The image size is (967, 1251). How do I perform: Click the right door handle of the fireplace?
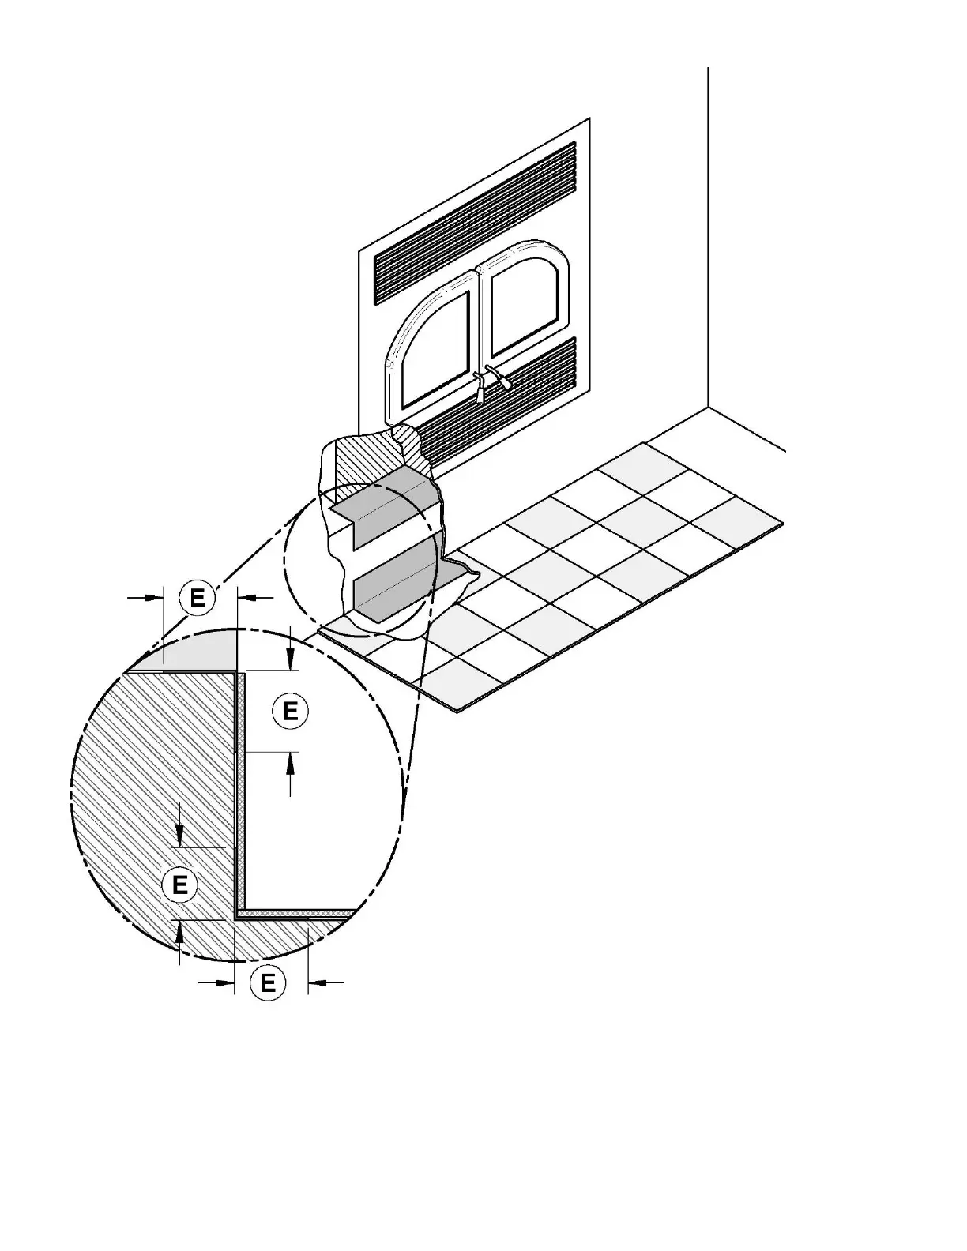pyautogui.click(x=500, y=377)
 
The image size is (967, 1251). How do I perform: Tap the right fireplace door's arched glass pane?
pyautogui.click(x=525, y=304)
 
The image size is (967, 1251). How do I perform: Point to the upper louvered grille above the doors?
pyautogui.click(x=474, y=225)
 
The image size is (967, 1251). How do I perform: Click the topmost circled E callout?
pyautogui.click(x=198, y=598)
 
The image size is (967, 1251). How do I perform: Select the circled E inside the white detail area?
pyautogui.click(x=290, y=711)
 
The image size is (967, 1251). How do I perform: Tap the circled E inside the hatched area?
pyautogui.click(x=179, y=884)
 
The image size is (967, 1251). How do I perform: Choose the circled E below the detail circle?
pyautogui.click(x=268, y=983)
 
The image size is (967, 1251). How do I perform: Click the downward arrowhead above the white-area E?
pyautogui.click(x=291, y=662)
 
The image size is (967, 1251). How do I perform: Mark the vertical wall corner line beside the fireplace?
pyautogui.click(x=708, y=237)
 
